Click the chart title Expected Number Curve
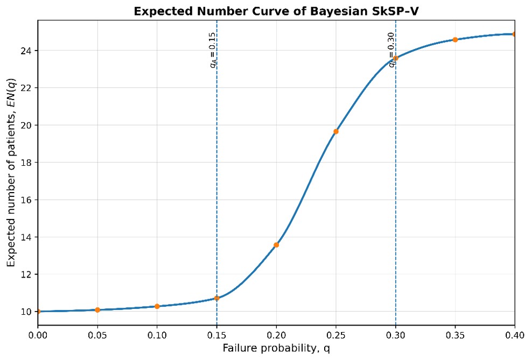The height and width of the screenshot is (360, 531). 276,11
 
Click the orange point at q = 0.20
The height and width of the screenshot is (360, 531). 276,245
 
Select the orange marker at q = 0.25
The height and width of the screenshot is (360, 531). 336,132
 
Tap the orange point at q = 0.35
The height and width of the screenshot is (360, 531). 455,40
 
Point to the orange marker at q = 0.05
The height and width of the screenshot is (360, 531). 97,310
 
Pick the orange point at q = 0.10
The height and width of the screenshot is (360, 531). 157,307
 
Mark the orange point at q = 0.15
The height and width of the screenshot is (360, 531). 216,299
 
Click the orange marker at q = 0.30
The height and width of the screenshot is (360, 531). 395,58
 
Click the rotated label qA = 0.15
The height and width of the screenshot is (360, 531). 212,50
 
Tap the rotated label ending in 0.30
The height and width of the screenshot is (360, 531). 391,50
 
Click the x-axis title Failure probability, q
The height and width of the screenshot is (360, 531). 276,348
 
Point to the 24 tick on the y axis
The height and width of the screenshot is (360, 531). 28,51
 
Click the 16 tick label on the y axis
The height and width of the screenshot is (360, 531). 28,200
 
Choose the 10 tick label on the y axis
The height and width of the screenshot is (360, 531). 28,312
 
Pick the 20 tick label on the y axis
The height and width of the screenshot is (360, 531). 28,125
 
